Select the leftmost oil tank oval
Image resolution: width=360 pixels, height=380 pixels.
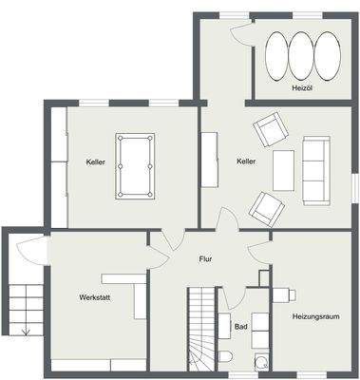click(x=276, y=56)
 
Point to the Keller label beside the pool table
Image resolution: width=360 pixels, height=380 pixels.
click(x=93, y=161)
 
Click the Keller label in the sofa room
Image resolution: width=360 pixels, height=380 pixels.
click(x=246, y=161)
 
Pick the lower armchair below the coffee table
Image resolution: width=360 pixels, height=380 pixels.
click(x=265, y=206)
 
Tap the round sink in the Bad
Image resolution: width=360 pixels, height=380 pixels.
click(x=259, y=361)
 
